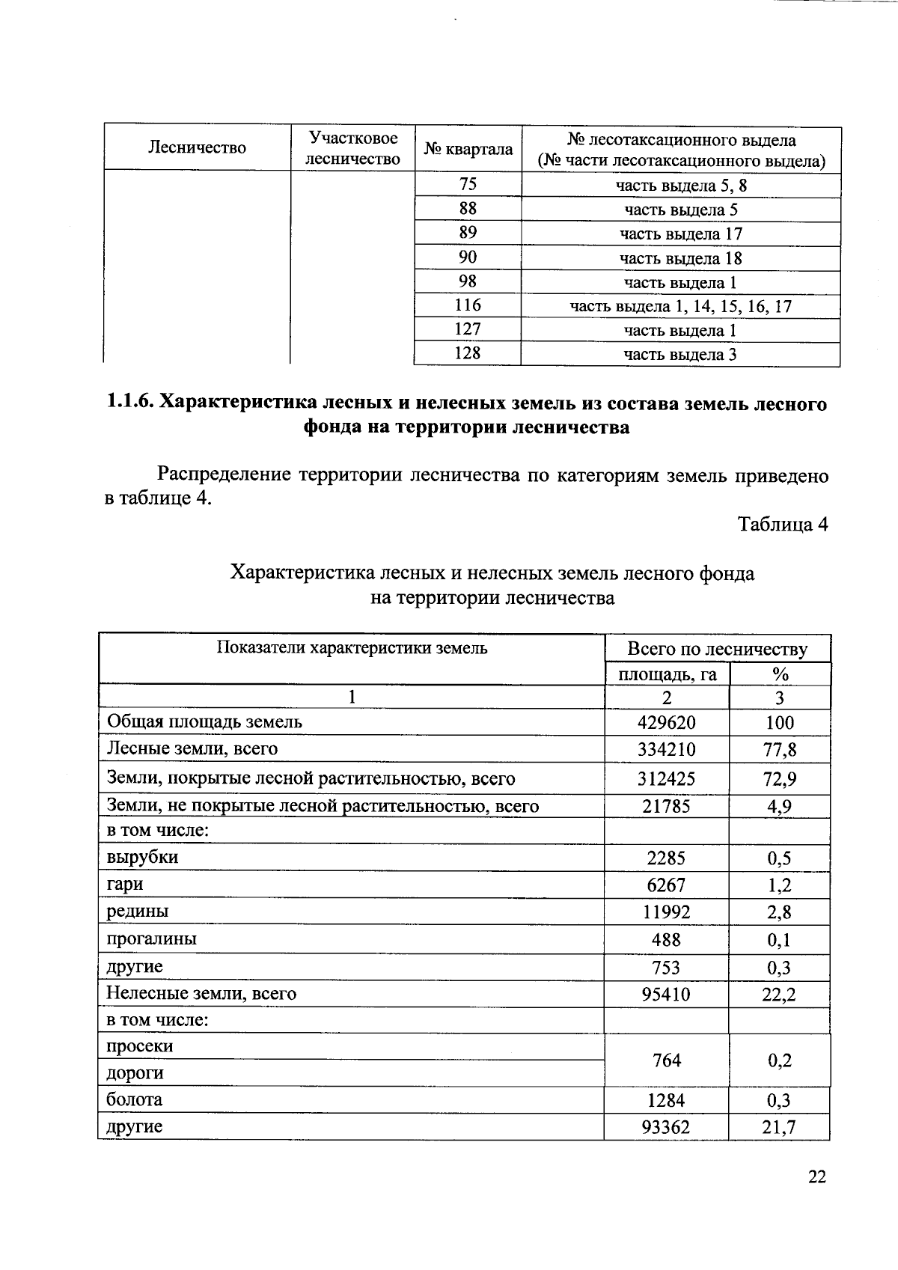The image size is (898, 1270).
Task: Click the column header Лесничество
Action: [x=197, y=148]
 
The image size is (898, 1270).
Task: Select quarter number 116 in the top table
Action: [x=468, y=305]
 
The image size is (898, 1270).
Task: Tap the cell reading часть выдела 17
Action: [x=680, y=234]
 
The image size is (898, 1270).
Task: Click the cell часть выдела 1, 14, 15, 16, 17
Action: [x=680, y=306]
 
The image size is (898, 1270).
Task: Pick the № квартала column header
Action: [x=468, y=149]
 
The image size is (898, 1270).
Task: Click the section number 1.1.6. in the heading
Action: [x=131, y=403]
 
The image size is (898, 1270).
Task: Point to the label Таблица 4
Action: [x=783, y=524]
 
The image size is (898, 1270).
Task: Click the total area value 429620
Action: [x=666, y=723]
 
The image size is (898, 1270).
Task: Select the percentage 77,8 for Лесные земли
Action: [x=779, y=750]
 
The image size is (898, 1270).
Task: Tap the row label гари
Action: [x=125, y=885]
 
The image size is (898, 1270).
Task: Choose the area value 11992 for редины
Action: [x=666, y=912]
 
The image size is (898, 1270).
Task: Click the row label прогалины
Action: [x=152, y=939]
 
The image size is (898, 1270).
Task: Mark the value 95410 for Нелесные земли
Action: [x=666, y=995]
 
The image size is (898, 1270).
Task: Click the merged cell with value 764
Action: [x=666, y=1060]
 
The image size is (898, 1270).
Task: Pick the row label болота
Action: [x=135, y=1100]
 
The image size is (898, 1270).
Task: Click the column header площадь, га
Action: [x=667, y=675]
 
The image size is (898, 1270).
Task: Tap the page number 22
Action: [x=817, y=1177]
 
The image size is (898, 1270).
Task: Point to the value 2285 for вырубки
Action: [x=666, y=858]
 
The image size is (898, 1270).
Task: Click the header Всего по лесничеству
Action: [x=717, y=649]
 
